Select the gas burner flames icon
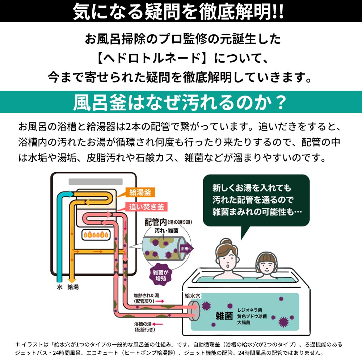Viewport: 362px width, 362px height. tap(96, 235)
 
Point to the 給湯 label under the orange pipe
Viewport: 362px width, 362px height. tap(73, 287)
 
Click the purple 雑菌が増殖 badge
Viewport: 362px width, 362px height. tap(160, 274)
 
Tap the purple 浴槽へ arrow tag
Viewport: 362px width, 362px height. tap(186, 249)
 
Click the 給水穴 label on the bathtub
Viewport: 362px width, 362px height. tap(193, 296)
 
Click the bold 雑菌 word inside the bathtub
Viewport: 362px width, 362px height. tap(223, 315)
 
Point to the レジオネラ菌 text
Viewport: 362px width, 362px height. tap(252, 310)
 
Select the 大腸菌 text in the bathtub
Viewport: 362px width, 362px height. tap(244, 322)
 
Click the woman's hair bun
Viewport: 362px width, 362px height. tap(227, 242)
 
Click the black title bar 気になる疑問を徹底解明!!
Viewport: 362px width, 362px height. tap(181, 11)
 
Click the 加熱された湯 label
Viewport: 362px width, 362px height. tap(146, 295)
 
